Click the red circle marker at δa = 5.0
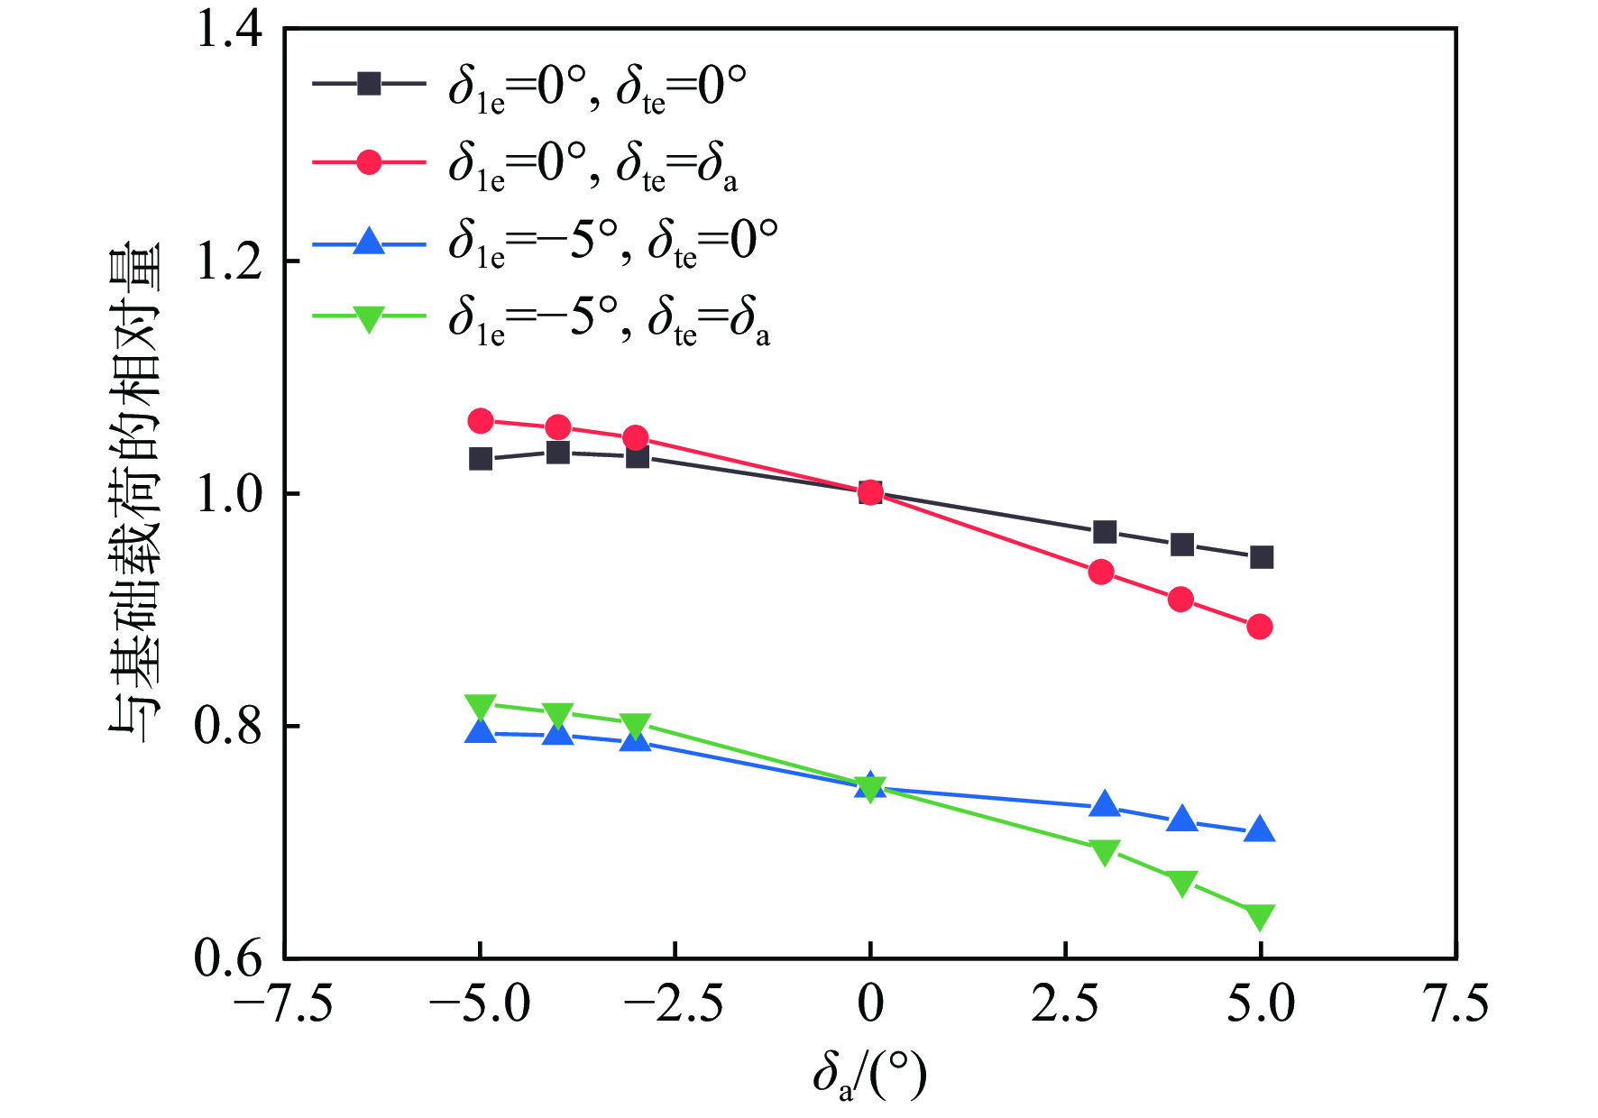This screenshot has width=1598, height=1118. tap(1260, 627)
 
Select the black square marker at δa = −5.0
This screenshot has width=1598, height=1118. tap(481, 459)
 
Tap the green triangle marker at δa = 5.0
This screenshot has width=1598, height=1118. tap(1260, 916)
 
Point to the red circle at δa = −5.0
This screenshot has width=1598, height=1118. tap(481, 421)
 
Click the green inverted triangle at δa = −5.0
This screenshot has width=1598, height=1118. tap(481, 706)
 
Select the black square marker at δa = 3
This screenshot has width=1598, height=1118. tap(1105, 532)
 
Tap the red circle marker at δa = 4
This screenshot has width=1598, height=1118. tap(1180, 600)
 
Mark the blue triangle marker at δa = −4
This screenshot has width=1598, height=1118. tap(558, 733)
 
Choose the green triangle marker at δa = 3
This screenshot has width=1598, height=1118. tap(1105, 851)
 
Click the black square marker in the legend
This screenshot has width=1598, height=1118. tap(369, 84)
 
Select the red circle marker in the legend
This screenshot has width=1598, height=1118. tap(369, 162)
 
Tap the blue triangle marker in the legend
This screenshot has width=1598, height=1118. tap(369, 242)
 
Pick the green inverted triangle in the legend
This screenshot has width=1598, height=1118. tap(369, 318)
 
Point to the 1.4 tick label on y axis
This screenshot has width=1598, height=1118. tap(229, 30)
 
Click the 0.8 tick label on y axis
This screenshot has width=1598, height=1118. tap(229, 726)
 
